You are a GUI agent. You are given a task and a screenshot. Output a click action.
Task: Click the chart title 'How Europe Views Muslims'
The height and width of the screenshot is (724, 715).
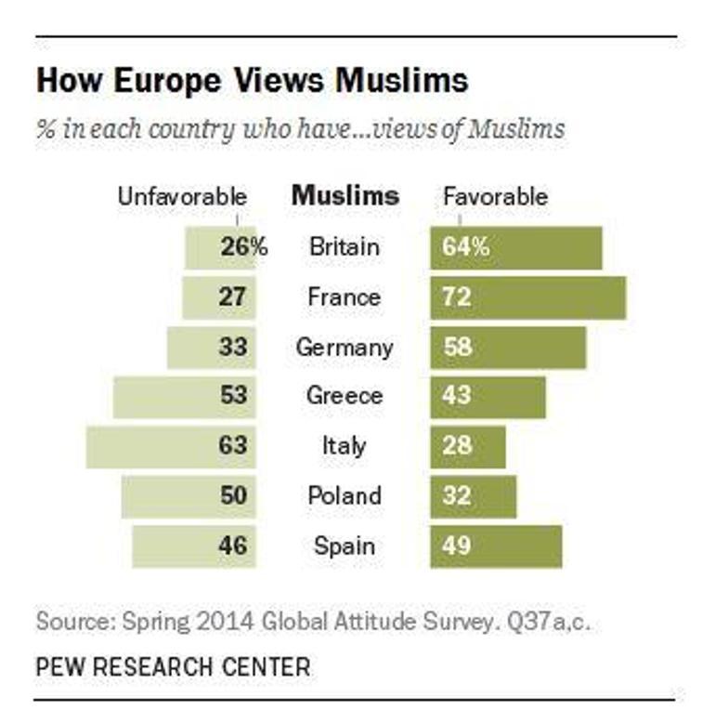point(252,82)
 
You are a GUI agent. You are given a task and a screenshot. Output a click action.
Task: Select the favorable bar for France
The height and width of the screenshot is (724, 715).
point(527,297)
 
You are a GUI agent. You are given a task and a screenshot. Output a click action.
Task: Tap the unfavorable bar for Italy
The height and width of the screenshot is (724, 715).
point(171,446)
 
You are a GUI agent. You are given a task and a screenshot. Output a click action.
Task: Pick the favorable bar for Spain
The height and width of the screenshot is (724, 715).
point(496,546)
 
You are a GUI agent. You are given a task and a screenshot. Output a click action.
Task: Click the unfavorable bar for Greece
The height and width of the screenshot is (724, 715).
point(184,397)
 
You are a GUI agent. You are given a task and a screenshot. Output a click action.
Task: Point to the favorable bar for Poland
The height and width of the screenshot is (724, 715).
point(473,496)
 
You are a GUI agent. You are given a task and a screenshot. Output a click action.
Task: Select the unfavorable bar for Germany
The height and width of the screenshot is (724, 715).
point(211,347)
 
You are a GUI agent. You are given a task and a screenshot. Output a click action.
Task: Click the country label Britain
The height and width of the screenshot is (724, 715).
point(344,247)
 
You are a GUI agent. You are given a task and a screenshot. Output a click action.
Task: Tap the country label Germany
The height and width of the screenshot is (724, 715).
point(344,347)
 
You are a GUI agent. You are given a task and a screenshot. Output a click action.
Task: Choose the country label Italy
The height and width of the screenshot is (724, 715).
point(344,446)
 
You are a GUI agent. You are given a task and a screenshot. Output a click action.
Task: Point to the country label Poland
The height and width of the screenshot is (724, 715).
point(344,496)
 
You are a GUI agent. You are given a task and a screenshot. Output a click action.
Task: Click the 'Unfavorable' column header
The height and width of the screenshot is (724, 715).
point(182,197)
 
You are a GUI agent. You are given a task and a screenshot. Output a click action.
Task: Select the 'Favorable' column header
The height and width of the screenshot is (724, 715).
point(495,197)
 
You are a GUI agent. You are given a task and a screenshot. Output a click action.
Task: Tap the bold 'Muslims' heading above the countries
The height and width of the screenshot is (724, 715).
point(345,196)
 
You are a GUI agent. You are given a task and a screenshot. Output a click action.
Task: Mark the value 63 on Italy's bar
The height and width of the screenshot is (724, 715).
point(234,446)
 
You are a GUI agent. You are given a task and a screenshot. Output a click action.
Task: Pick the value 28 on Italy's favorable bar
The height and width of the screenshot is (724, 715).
point(458,446)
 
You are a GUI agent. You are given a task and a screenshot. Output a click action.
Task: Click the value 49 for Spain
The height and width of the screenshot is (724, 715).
point(458,546)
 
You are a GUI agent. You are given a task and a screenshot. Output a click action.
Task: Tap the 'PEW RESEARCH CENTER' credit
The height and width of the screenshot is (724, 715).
point(173,666)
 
